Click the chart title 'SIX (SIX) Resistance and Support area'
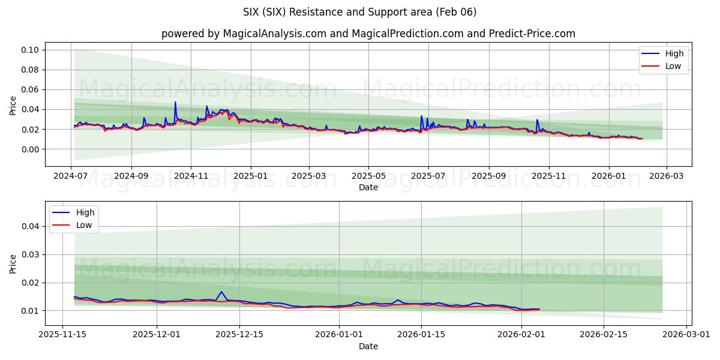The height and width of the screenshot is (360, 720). tap(360, 12)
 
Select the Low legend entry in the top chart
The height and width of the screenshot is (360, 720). tap(673, 66)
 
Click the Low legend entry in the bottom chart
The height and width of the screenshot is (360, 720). tap(83, 225)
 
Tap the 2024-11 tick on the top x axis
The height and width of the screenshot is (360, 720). tap(191, 176)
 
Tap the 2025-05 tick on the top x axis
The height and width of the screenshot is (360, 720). tap(368, 176)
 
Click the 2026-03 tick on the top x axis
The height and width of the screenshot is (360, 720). tap(666, 176)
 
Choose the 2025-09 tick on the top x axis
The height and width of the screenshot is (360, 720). tap(488, 176)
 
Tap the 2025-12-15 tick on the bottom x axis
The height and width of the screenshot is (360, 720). tap(239, 335)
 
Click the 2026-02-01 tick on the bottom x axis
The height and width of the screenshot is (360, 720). tap(521, 335)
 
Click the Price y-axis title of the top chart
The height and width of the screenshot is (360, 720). tap(13, 105)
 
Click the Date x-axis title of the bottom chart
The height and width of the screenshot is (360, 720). tap(368, 346)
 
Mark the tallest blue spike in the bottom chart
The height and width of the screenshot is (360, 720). tap(221, 292)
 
